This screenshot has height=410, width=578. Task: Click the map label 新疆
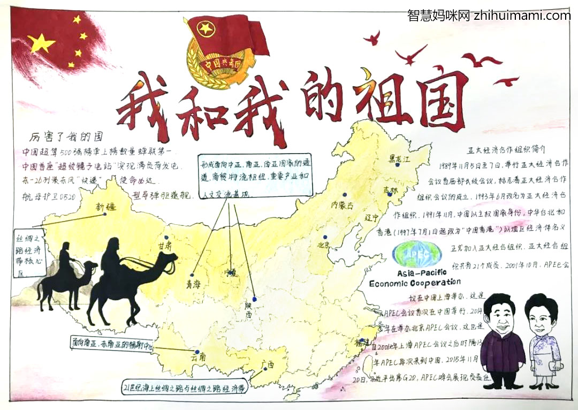coord(107,206)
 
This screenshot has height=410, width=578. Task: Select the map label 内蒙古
coord(343,204)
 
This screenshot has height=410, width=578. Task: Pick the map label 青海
coord(193,283)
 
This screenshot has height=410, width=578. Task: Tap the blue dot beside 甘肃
coord(166,238)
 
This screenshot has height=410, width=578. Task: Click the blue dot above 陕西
coord(255,299)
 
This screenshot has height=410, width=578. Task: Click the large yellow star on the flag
coord(42,42)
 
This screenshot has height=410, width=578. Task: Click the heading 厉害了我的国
coord(66,136)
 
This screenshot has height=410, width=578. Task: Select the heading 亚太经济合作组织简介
coord(505,150)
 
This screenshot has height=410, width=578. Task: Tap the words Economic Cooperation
coord(415,282)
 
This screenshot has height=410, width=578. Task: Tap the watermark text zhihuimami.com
coord(522,16)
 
